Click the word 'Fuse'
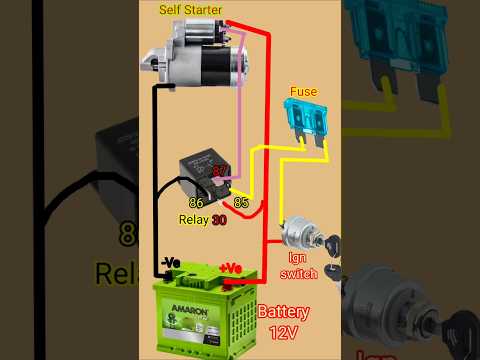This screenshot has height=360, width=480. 303,91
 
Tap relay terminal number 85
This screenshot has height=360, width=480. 240,203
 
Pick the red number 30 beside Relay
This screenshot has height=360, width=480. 219,220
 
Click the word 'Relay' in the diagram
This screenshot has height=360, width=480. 193,220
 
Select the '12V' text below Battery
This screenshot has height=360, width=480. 284,332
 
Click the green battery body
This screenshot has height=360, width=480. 200,320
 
